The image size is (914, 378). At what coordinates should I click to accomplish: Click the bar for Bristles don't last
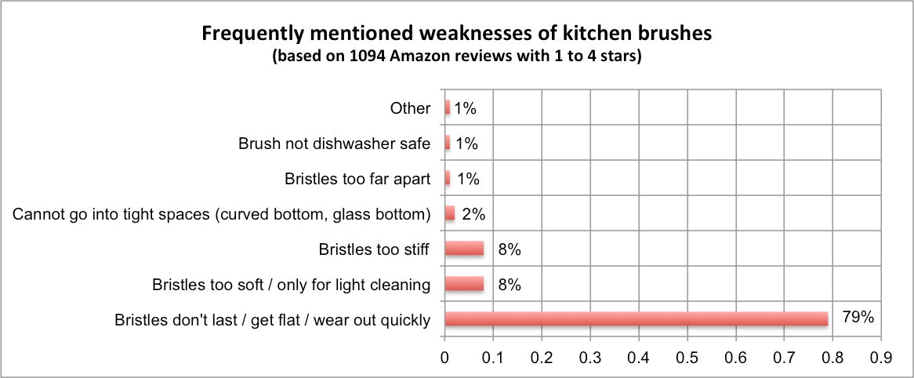click(x=636, y=319)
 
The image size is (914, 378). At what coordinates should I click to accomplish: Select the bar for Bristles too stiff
click(x=464, y=249)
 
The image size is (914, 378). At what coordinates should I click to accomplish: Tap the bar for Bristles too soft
click(x=464, y=284)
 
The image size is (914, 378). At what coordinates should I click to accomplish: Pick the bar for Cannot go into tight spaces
click(x=449, y=213)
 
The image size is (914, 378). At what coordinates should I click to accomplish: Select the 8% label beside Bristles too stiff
click(x=509, y=249)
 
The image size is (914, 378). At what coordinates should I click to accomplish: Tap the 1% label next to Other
click(x=465, y=108)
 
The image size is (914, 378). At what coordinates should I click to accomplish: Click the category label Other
click(x=410, y=108)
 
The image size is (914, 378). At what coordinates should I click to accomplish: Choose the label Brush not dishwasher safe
click(x=334, y=144)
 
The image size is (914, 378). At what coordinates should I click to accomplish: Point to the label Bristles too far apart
click(x=357, y=179)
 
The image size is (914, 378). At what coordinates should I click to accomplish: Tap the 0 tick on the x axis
click(x=444, y=355)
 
